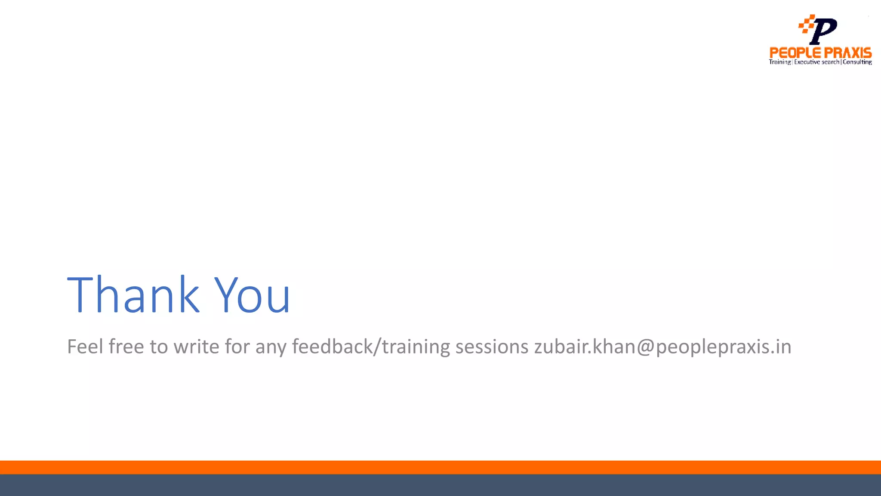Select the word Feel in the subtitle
click(x=84, y=347)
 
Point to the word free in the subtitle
click(x=126, y=347)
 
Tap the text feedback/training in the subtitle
click(x=371, y=347)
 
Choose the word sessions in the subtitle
click(x=492, y=347)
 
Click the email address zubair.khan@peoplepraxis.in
click(x=662, y=347)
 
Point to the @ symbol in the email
click(x=646, y=347)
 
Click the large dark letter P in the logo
click(x=823, y=31)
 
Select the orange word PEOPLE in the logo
click(x=795, y=53)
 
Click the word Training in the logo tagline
click(x=779, y=62)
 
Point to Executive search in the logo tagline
click(x=816, y=62)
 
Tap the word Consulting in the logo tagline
click(x=857, y=62)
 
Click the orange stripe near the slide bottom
click(x=440, y=467)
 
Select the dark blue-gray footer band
click(x=440, y=485)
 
